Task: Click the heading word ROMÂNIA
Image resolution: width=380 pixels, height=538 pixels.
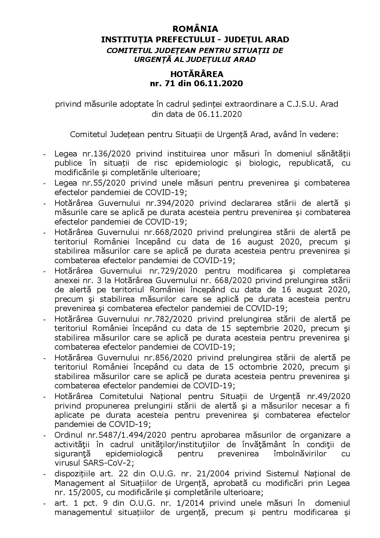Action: tap(196, 29)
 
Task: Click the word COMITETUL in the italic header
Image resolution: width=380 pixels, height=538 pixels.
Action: tap(126, 50)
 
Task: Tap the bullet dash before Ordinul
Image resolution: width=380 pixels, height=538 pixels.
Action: tap(45, 436)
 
